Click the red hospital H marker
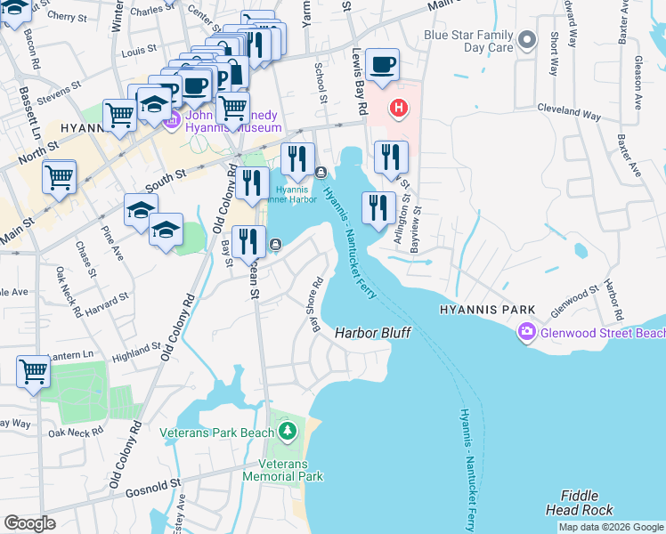[399, 109]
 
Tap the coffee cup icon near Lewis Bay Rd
[382, 65]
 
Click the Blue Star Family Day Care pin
[527, 40]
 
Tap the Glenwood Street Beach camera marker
[527, 333]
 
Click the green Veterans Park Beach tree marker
[287, 433]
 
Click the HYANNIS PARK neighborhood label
[486, 310]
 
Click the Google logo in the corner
[29, 523]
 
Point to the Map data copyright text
[610, 527]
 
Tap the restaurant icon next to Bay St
[249, 241]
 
